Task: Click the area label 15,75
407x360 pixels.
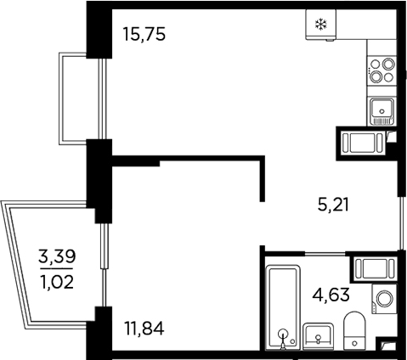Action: [x=143, y=36]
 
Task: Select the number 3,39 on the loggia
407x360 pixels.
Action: [x=57, y=256]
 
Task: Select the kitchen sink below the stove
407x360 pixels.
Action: [x=382, y=110]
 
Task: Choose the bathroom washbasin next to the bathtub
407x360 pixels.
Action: [x=319, y=335]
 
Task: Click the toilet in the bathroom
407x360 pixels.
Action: [x=354, y=330]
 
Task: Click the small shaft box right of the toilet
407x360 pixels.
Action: [x=387, y=344]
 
